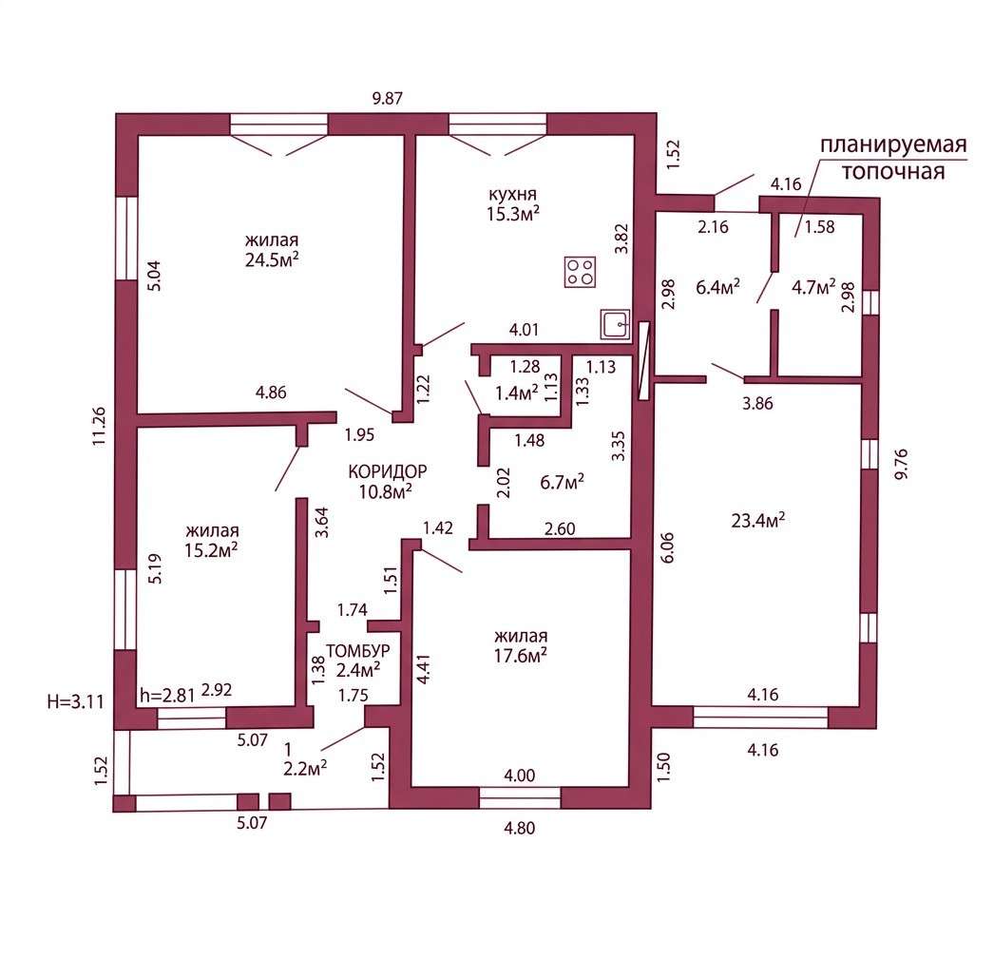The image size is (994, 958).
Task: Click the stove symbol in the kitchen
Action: click(580, 272)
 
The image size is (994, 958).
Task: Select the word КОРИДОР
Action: click(388, 471)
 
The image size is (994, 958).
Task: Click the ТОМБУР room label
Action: click(358, 651)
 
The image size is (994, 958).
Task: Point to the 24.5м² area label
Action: click(272, 260)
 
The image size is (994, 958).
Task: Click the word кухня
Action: click(512, 193)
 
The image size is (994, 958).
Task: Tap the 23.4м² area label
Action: click(758, 521)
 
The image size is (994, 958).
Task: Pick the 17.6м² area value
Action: click(521, 655)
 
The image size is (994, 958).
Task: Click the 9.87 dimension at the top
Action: click(387, 99)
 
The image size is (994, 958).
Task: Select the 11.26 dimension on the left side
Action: click(100, 426)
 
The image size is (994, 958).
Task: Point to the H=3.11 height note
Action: click(75, 701)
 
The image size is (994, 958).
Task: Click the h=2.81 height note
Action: click(167, 696)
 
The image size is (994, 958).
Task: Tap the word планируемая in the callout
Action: click(894, 145)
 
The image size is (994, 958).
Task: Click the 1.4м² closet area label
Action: click(517, 393)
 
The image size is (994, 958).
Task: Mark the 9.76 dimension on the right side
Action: click(901, 464)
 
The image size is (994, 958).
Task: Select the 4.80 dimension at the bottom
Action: click(519, 828)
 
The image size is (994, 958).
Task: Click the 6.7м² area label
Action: click(562, 483)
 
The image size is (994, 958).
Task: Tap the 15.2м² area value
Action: click(211, 550)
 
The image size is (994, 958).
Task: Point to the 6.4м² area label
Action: click(717, 288)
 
